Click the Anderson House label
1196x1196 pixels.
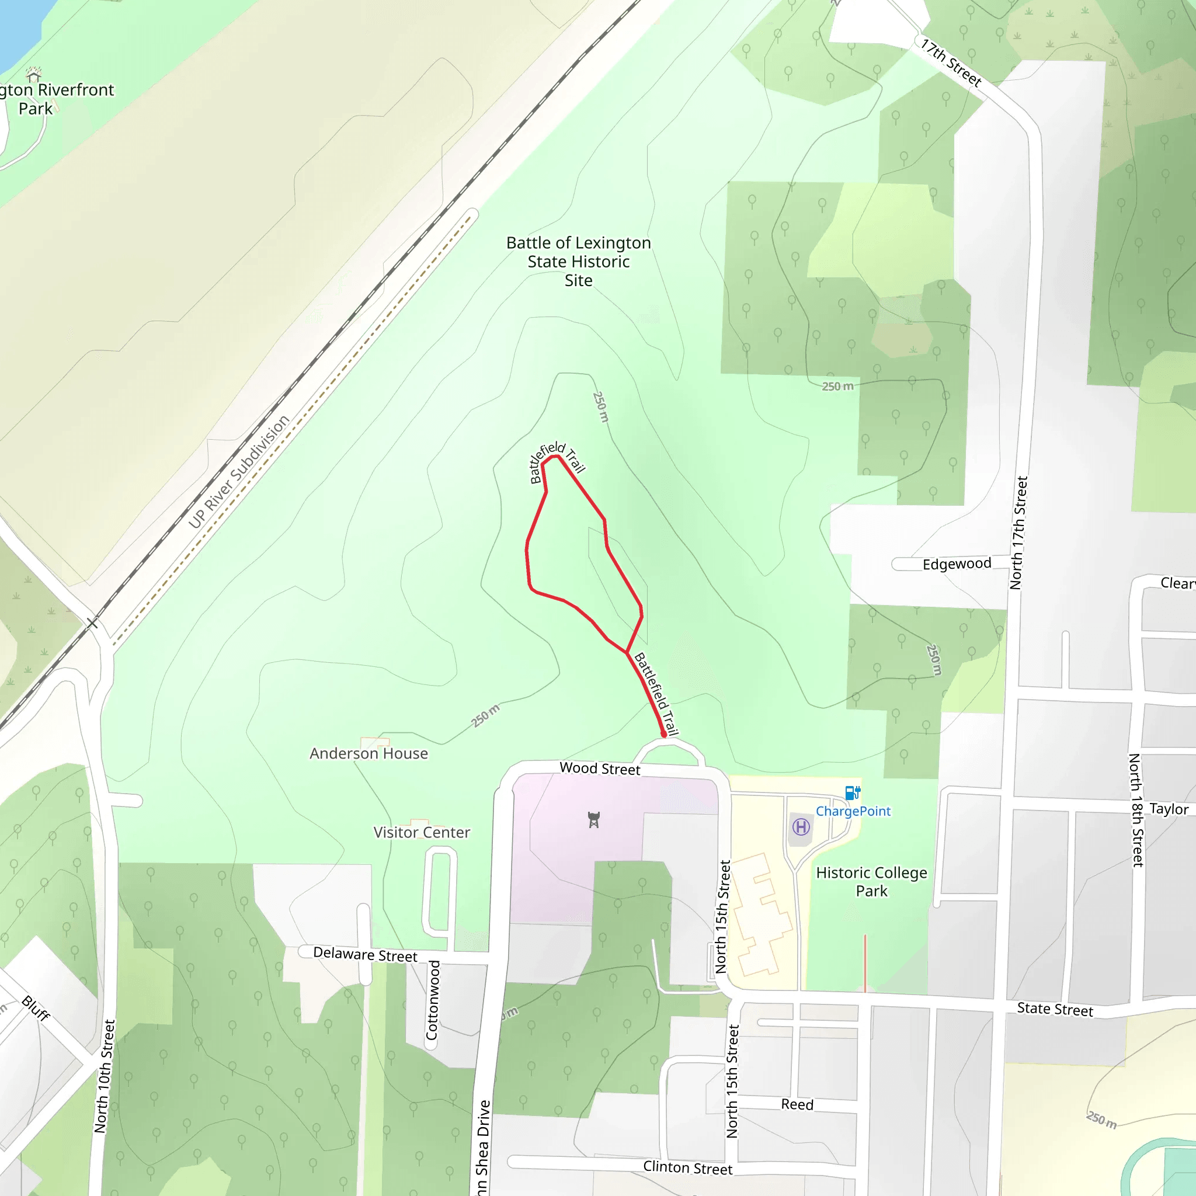click(x=369, y=753)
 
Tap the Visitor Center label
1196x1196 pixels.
click(x=422, y=833)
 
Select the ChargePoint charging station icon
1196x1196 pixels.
click(x=853, y=792)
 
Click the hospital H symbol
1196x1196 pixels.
click(x=801, y=826)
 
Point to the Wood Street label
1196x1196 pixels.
click(x=600, y=769)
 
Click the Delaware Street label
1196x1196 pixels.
click(x=365, y=954)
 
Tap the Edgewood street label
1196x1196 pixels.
click(x=957, y=564)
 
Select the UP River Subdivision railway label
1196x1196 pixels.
click(x=239, y=472)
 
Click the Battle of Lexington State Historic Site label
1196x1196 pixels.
click(x=578, y=261)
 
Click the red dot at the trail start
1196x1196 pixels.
click(x=663, y=735)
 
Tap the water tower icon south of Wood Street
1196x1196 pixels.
click(x=594, y=820)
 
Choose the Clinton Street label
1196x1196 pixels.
click(x=688, y=1168)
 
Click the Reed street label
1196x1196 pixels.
click(x=797, y=1105)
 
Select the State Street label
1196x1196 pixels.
click(x=1055, y=1010)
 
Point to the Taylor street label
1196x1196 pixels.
click(x=1169, y=809)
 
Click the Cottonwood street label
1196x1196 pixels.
click(x=433, y=1000)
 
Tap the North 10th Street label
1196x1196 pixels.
click(x=105, y=1076)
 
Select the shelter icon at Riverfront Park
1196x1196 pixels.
click(x=34, y=74)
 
